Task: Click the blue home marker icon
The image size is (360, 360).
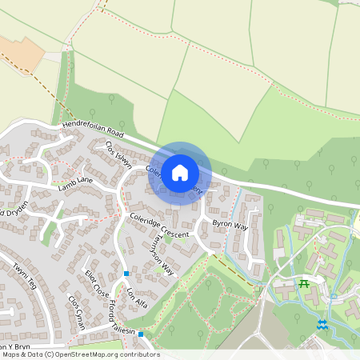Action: (180, 173)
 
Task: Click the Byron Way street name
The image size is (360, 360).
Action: (230, 226)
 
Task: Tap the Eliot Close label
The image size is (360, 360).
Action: (97, 283)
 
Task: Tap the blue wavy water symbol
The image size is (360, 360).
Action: (322, 325)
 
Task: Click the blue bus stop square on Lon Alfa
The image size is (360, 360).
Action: (126, 274)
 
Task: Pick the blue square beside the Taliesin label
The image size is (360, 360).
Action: (141, 334)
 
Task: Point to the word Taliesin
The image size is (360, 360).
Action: (123, 329)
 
